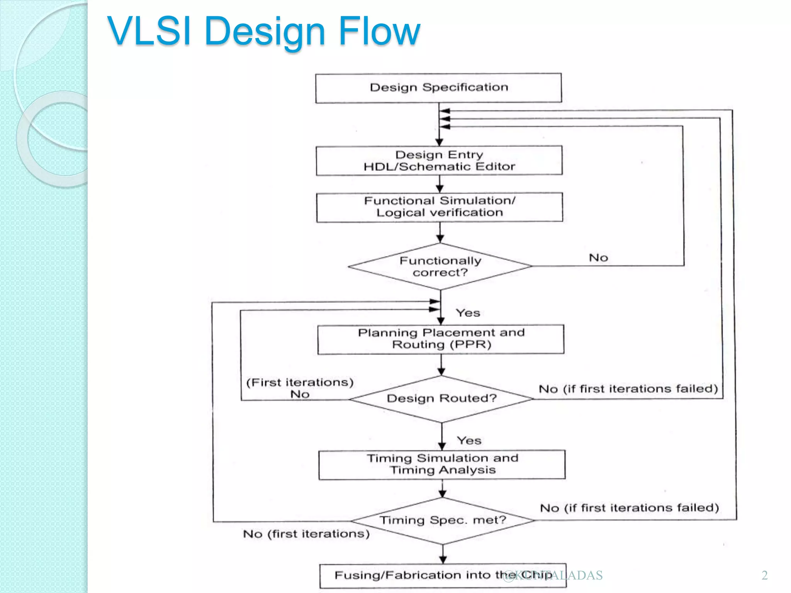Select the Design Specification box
click(x=438, y=88)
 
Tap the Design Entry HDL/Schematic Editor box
click(x=439, y=161)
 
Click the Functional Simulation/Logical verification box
click(x=440, y=207)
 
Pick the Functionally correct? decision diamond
click(x=440, y=266)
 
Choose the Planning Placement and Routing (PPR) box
click(x=441, y=339)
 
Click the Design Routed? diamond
click(x=441, y=398)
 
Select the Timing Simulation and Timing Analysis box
click(x=442, y=464)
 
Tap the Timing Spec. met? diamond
click(x=443, y=520)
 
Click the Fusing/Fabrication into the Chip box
click(x=443, y=576)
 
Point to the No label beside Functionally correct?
click(x=598, y=258)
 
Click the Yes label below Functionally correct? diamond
click(x=468, y=313)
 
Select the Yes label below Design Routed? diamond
click(x=469, y=441)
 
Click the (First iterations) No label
click(x=300, y=388)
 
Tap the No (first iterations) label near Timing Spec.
click(x=306, y=534)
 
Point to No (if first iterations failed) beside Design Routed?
click(x=628, y=389)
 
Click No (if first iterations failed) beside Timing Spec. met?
click(x=629, y=508)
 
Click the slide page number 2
click(x=764, y=575)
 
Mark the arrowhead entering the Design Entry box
click(x=439, y=142)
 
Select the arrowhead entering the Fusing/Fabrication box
click(x=443, y=560)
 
